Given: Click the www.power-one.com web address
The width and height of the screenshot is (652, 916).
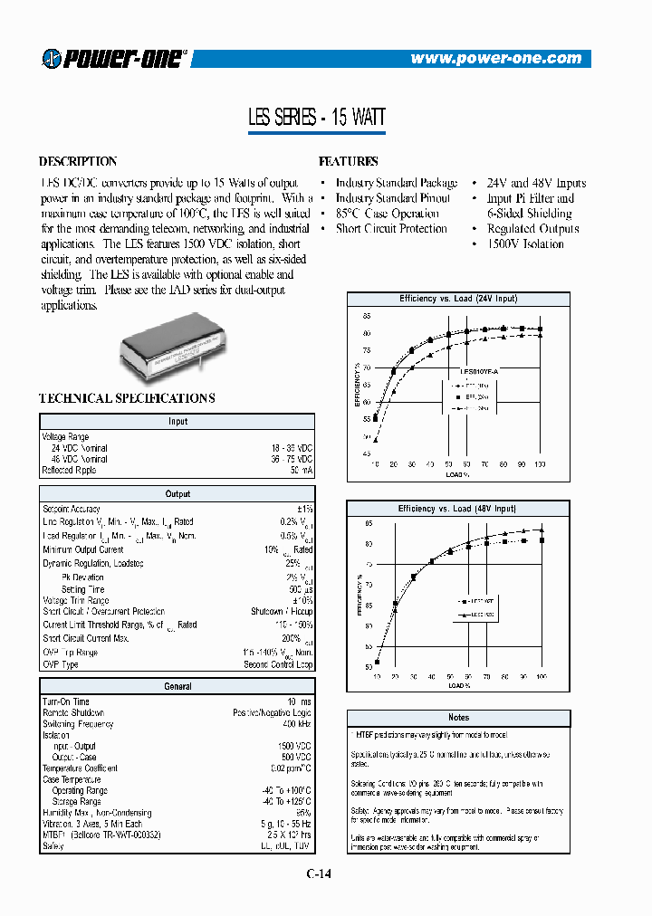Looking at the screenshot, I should [x=495, y=59].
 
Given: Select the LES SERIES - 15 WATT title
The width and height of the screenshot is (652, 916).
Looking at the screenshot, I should [x=316, y=118].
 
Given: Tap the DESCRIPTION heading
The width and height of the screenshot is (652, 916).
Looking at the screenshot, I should [x=78, y=162].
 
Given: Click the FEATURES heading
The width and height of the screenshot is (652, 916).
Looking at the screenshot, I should [x=349, y=162].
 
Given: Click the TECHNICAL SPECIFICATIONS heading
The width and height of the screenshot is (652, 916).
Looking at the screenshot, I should [x=127, y=398].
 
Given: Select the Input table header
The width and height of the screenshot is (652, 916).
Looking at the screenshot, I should [x=177, y=422].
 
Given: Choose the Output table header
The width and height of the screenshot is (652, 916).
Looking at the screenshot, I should [x=177, y=494].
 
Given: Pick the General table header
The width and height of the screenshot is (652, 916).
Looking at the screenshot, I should [x=177, y=687].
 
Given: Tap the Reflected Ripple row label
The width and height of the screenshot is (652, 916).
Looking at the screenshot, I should [x=69, y=470].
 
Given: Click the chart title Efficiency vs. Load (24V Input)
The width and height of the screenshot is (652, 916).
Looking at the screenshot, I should [x=458, y=299].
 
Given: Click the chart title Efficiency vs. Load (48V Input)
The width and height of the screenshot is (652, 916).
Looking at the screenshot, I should [x=457, y=509].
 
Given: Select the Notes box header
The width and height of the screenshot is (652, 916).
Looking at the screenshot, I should [x=458, y=718].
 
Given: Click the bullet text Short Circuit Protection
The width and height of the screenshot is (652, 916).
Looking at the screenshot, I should [x=391, y=229].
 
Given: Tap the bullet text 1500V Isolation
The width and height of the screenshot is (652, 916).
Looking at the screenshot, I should [x=525, y=244].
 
